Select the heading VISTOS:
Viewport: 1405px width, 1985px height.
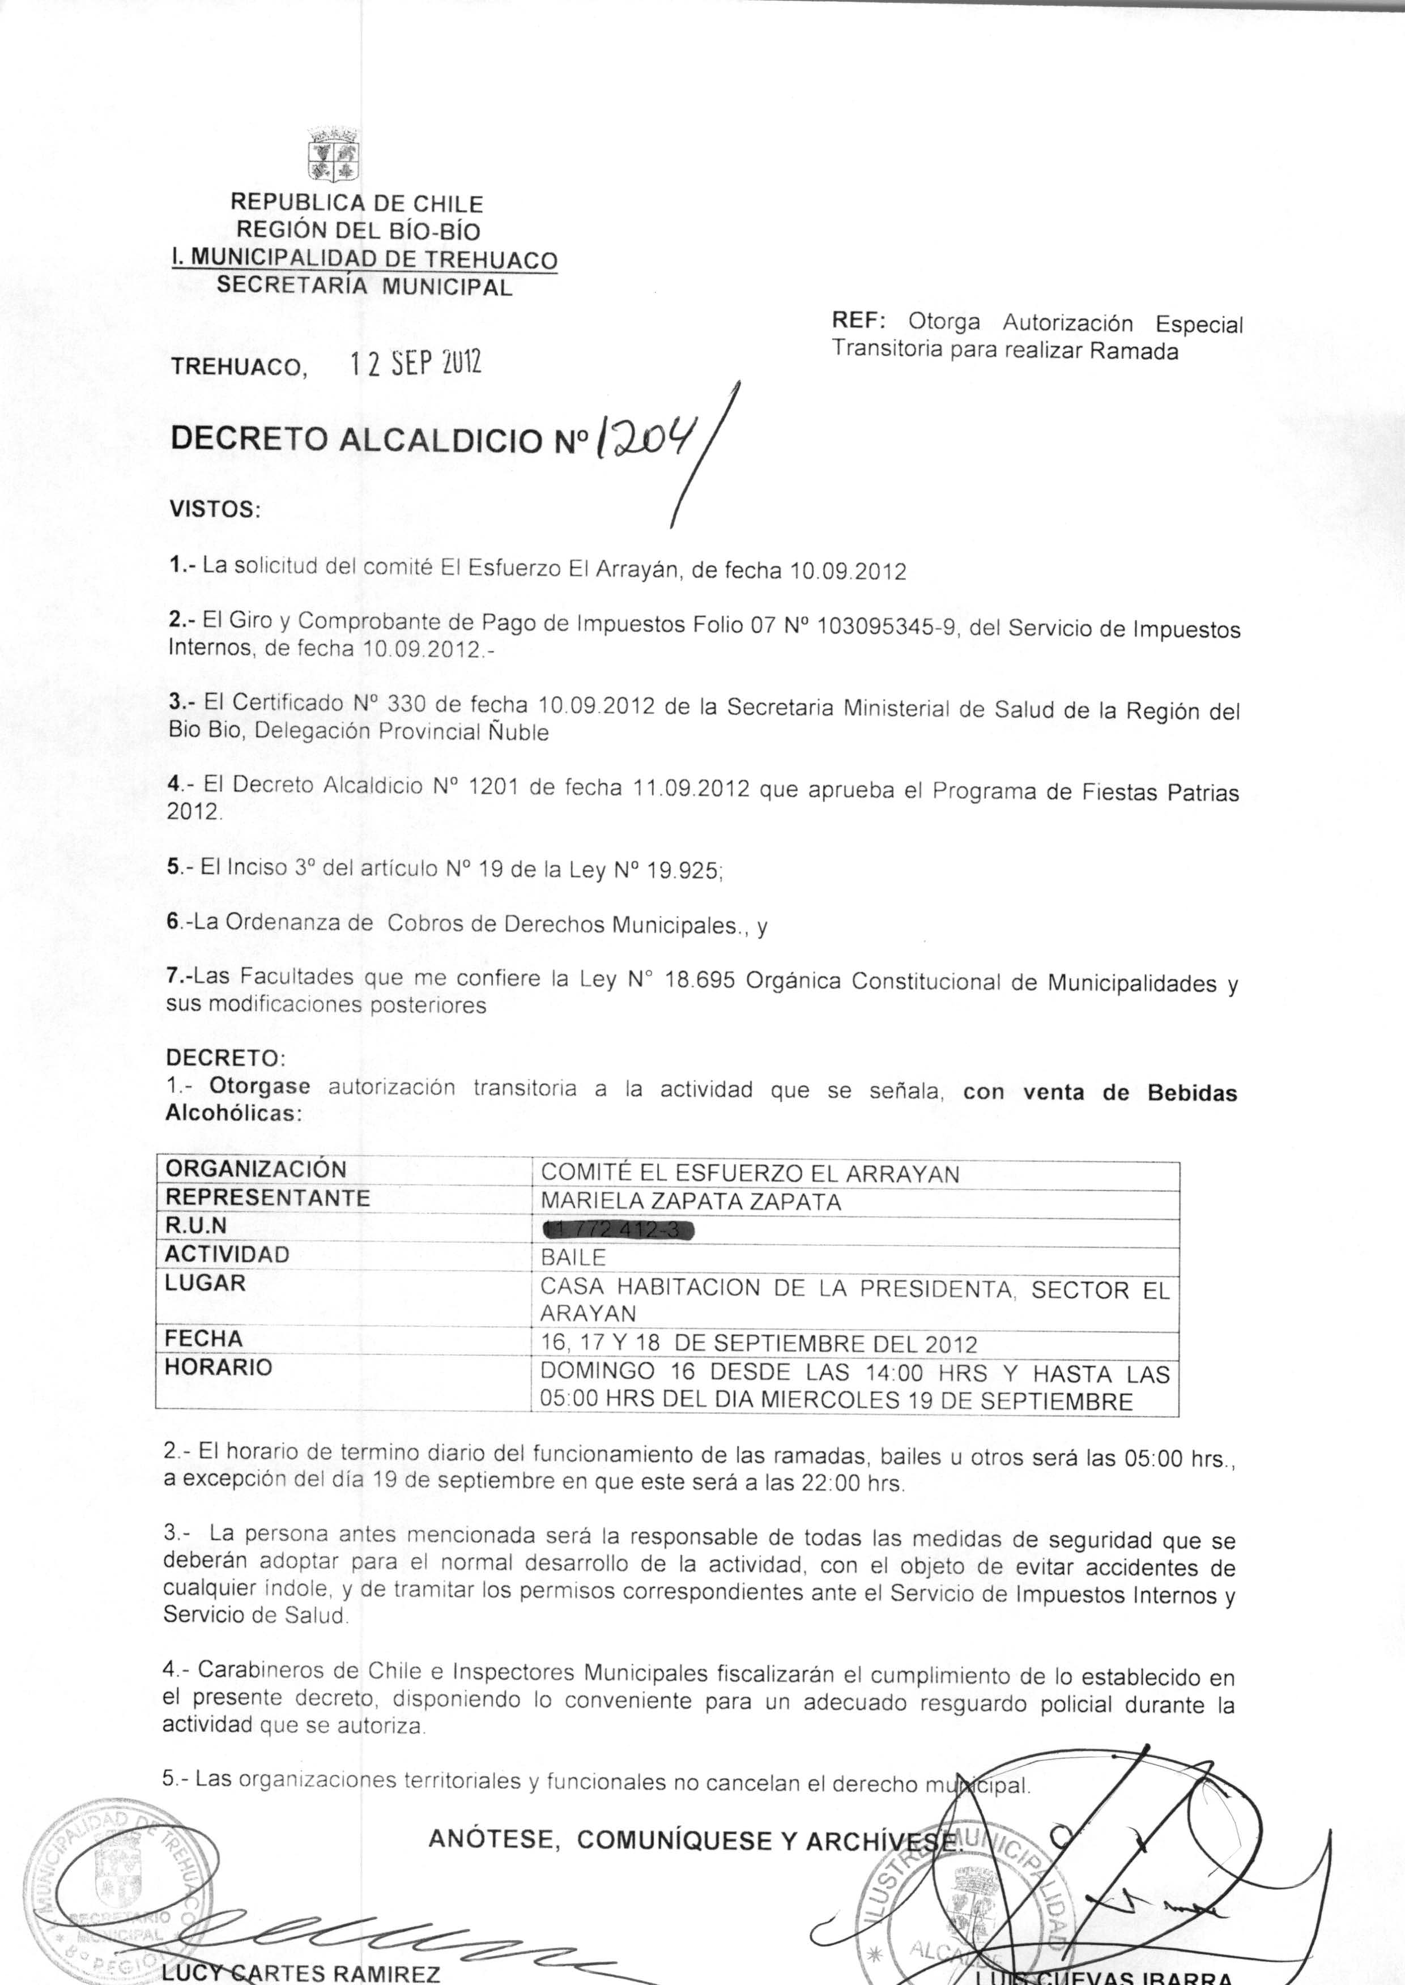215,509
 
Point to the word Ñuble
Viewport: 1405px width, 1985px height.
517,732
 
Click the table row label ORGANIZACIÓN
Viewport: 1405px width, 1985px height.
256,1169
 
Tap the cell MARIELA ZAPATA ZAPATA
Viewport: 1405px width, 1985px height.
691,1202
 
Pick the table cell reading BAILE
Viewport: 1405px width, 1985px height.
573,1258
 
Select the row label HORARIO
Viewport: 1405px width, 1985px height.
218,1368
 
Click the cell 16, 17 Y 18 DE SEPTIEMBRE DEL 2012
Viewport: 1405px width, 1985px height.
758,1344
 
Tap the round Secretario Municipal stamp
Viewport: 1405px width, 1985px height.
117,1881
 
